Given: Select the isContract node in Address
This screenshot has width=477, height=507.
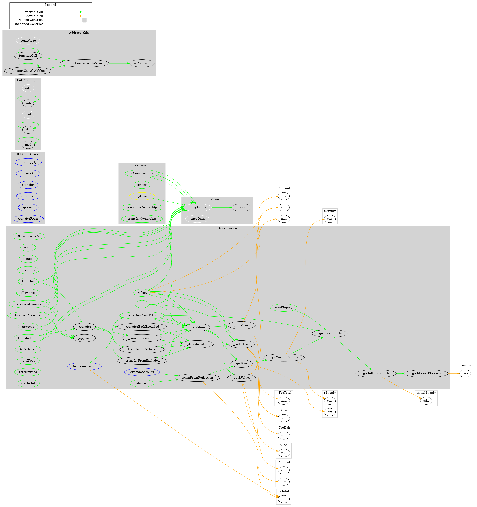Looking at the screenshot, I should coord(142,63).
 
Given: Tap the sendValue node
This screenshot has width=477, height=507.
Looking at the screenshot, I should coord(28,41).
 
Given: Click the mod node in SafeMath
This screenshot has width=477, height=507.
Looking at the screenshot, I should coord(28,145).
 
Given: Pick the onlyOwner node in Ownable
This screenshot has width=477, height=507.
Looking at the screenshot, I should coord(142,196).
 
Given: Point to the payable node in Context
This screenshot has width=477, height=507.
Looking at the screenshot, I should coord(241,207).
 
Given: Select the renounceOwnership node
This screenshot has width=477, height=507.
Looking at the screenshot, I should coord(142,207).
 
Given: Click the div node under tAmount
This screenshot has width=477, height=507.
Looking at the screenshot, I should coord(284,196).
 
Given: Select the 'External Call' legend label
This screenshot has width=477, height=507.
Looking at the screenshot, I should coord(33,16).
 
